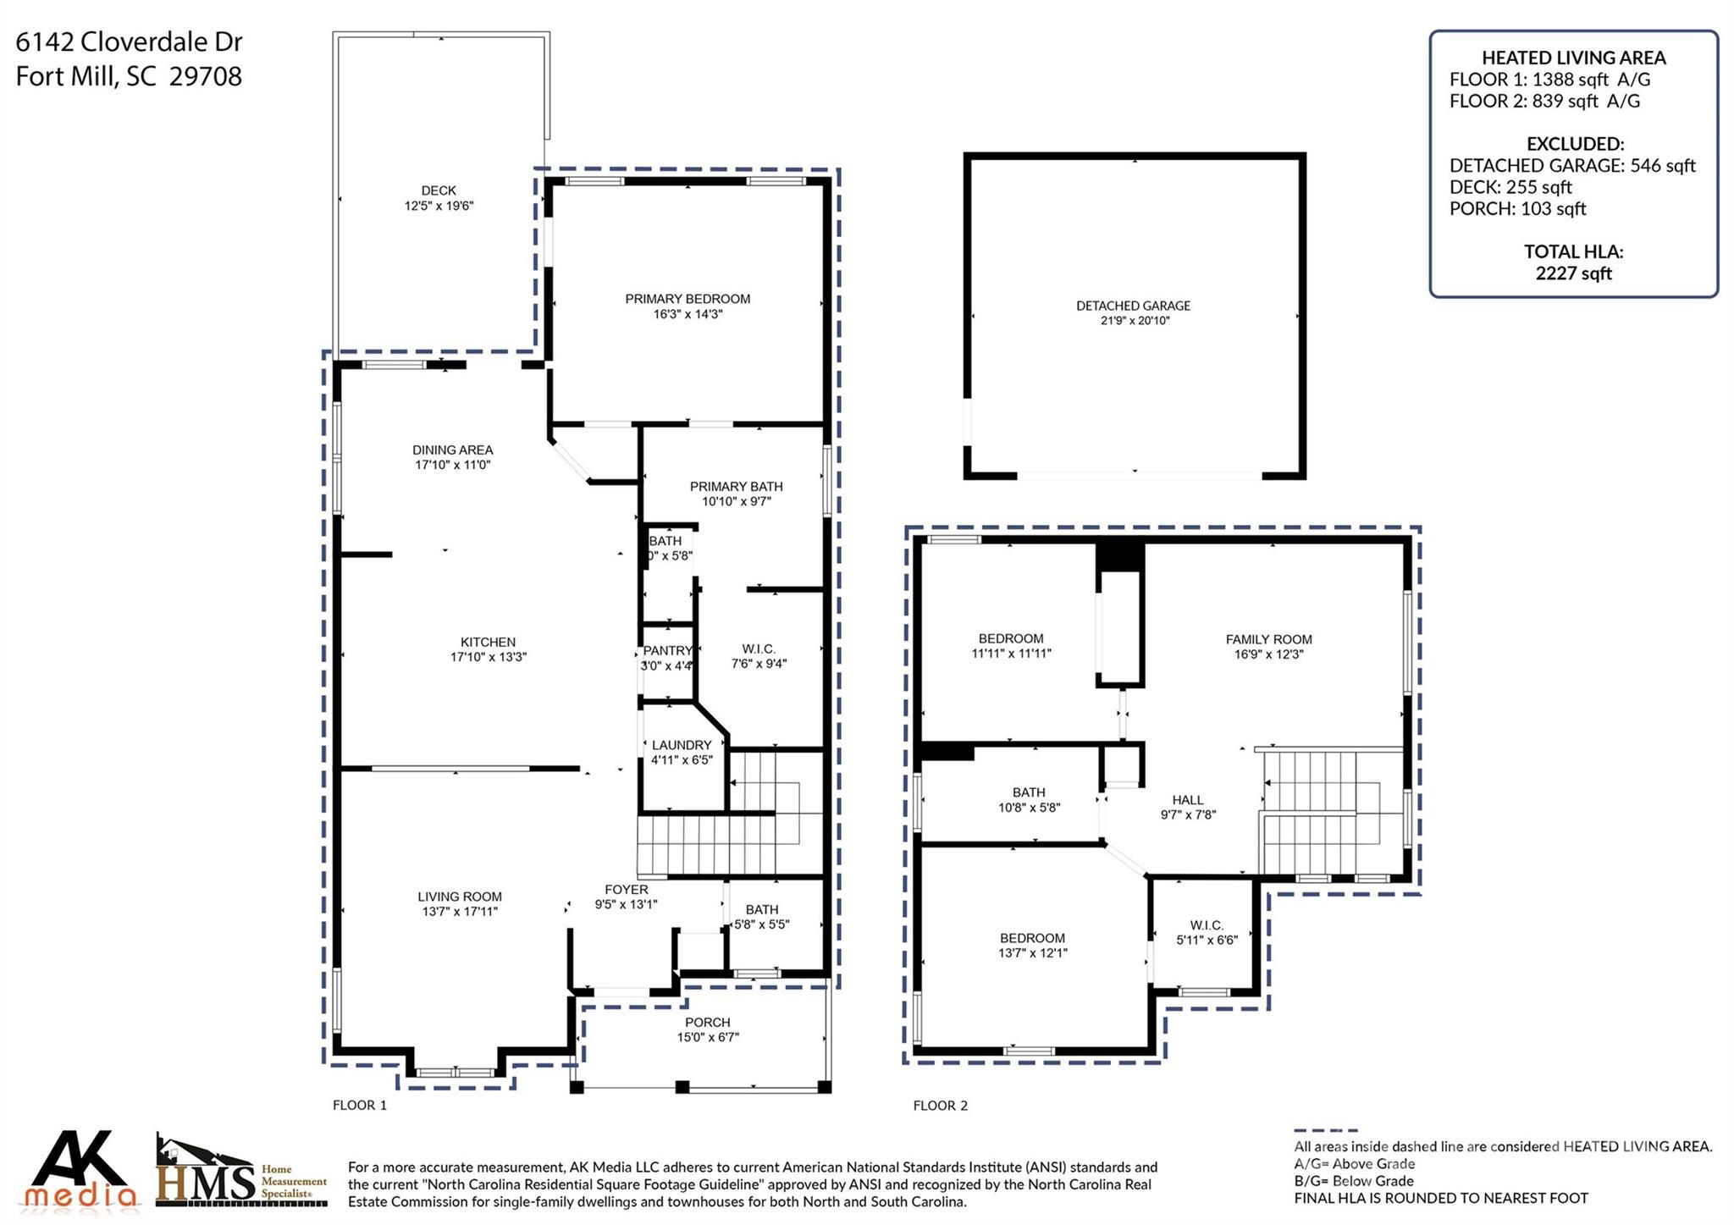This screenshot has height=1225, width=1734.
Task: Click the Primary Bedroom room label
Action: tap(688, 299)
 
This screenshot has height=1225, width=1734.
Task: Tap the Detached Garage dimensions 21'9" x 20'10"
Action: tap(1134, 321)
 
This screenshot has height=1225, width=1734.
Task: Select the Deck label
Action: tap(439, 191)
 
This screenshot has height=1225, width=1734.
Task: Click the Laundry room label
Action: tap(682, 746)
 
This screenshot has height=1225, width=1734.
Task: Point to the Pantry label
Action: tap(667, 651)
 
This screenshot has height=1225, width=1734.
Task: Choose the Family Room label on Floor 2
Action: tap(1268, 640)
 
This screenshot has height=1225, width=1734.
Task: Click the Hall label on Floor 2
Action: tap(1188, 800)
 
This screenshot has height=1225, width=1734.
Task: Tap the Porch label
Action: tap(708, 1023)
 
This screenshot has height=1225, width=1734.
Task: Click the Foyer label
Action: tap(627, 890)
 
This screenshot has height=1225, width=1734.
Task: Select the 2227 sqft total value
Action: tap(1573, 273)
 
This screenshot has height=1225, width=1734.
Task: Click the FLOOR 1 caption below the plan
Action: tap(360, 1106)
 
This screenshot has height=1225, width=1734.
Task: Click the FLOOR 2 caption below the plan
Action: tap(940, 1106)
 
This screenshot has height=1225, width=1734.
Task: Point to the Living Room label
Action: tap(460, 897)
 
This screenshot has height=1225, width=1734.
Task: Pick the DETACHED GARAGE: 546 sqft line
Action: tap(1572, 166)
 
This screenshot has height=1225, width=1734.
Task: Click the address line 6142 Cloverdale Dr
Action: tap(129, 41)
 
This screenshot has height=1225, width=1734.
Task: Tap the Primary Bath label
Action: tap(736, 487)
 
